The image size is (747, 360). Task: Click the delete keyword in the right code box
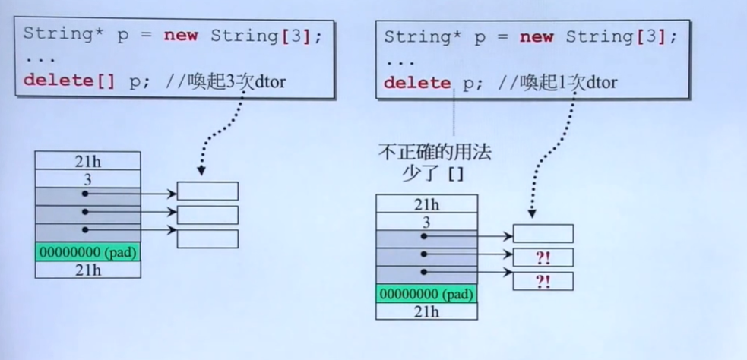pyautogui.click(x=417, y=83)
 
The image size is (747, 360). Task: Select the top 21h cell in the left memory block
pyautogui.click(x=87, y=160)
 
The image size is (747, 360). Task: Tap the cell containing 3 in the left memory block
pyautogui.click(x=87, y=178)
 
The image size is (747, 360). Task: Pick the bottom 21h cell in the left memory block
pyautogui.click(x=87, y=270)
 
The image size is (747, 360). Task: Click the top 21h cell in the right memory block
pyautogui.click(x=426, y=204)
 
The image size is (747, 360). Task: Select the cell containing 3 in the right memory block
pyautogui.click(x=426, y=221)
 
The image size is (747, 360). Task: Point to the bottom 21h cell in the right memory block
pyautogui.click(x=426, y=311)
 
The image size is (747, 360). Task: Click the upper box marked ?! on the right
pyautogui.click(x=543, y=257)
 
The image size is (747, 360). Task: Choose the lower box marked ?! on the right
pyautogui.click(x=543, y=282)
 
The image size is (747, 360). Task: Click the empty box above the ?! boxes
pyautogui.click(x=543, y=233)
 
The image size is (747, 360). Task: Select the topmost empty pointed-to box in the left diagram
pyautogui.click(x=207, y=191)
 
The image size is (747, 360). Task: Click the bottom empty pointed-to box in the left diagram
pyautogui.click(x=207, y=238)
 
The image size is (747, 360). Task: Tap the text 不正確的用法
pyautogui.click(x=435, y=153)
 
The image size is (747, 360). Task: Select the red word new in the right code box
pyautogui.click(x=536, y=37)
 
